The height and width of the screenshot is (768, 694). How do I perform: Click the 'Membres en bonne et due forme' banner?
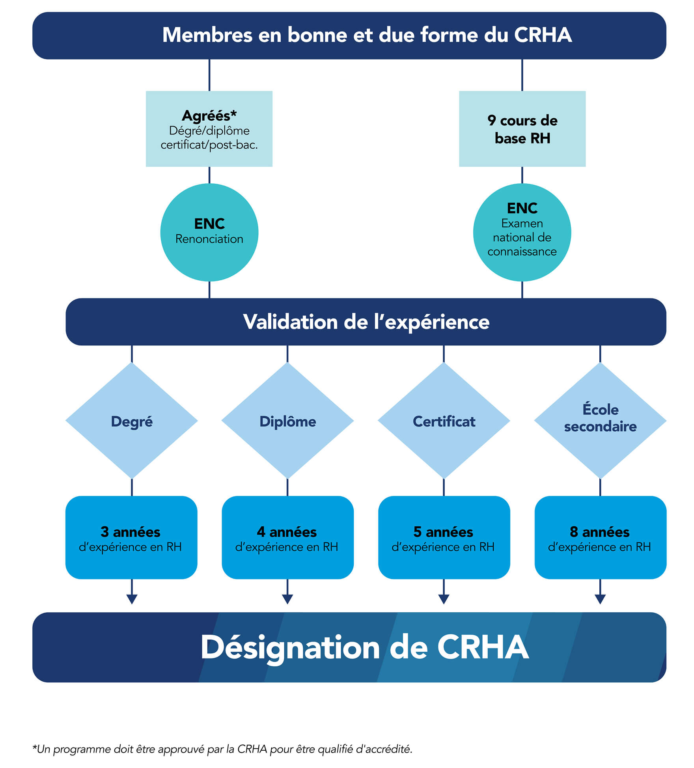[x=349, y=35]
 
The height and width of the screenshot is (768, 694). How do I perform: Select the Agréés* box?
[x=209, y=129]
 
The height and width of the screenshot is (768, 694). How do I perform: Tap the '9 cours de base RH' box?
[x=522, y=129]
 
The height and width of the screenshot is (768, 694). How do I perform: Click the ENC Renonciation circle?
[x=209, y=232]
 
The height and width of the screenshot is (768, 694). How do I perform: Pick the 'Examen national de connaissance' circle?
[x=522, y=232]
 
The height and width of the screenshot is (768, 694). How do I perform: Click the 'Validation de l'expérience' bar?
[x=366, y=322]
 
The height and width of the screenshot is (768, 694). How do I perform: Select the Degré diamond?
[x=132, y=421]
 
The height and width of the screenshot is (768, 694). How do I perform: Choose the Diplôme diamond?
[x=287, y=421]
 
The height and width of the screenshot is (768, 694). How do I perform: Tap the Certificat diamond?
[x=444, y=421]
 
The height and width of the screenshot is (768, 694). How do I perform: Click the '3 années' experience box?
[x=131, y=537]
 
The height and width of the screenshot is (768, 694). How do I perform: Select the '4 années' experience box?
[x=287, y=537]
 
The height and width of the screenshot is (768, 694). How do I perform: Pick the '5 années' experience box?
[x=444, y=537]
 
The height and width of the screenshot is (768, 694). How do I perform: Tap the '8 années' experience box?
[x=600, y=537]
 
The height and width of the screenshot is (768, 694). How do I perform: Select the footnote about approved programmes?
[x=222, y=749]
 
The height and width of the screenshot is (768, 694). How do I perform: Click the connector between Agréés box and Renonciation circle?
[x=209, y=175]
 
